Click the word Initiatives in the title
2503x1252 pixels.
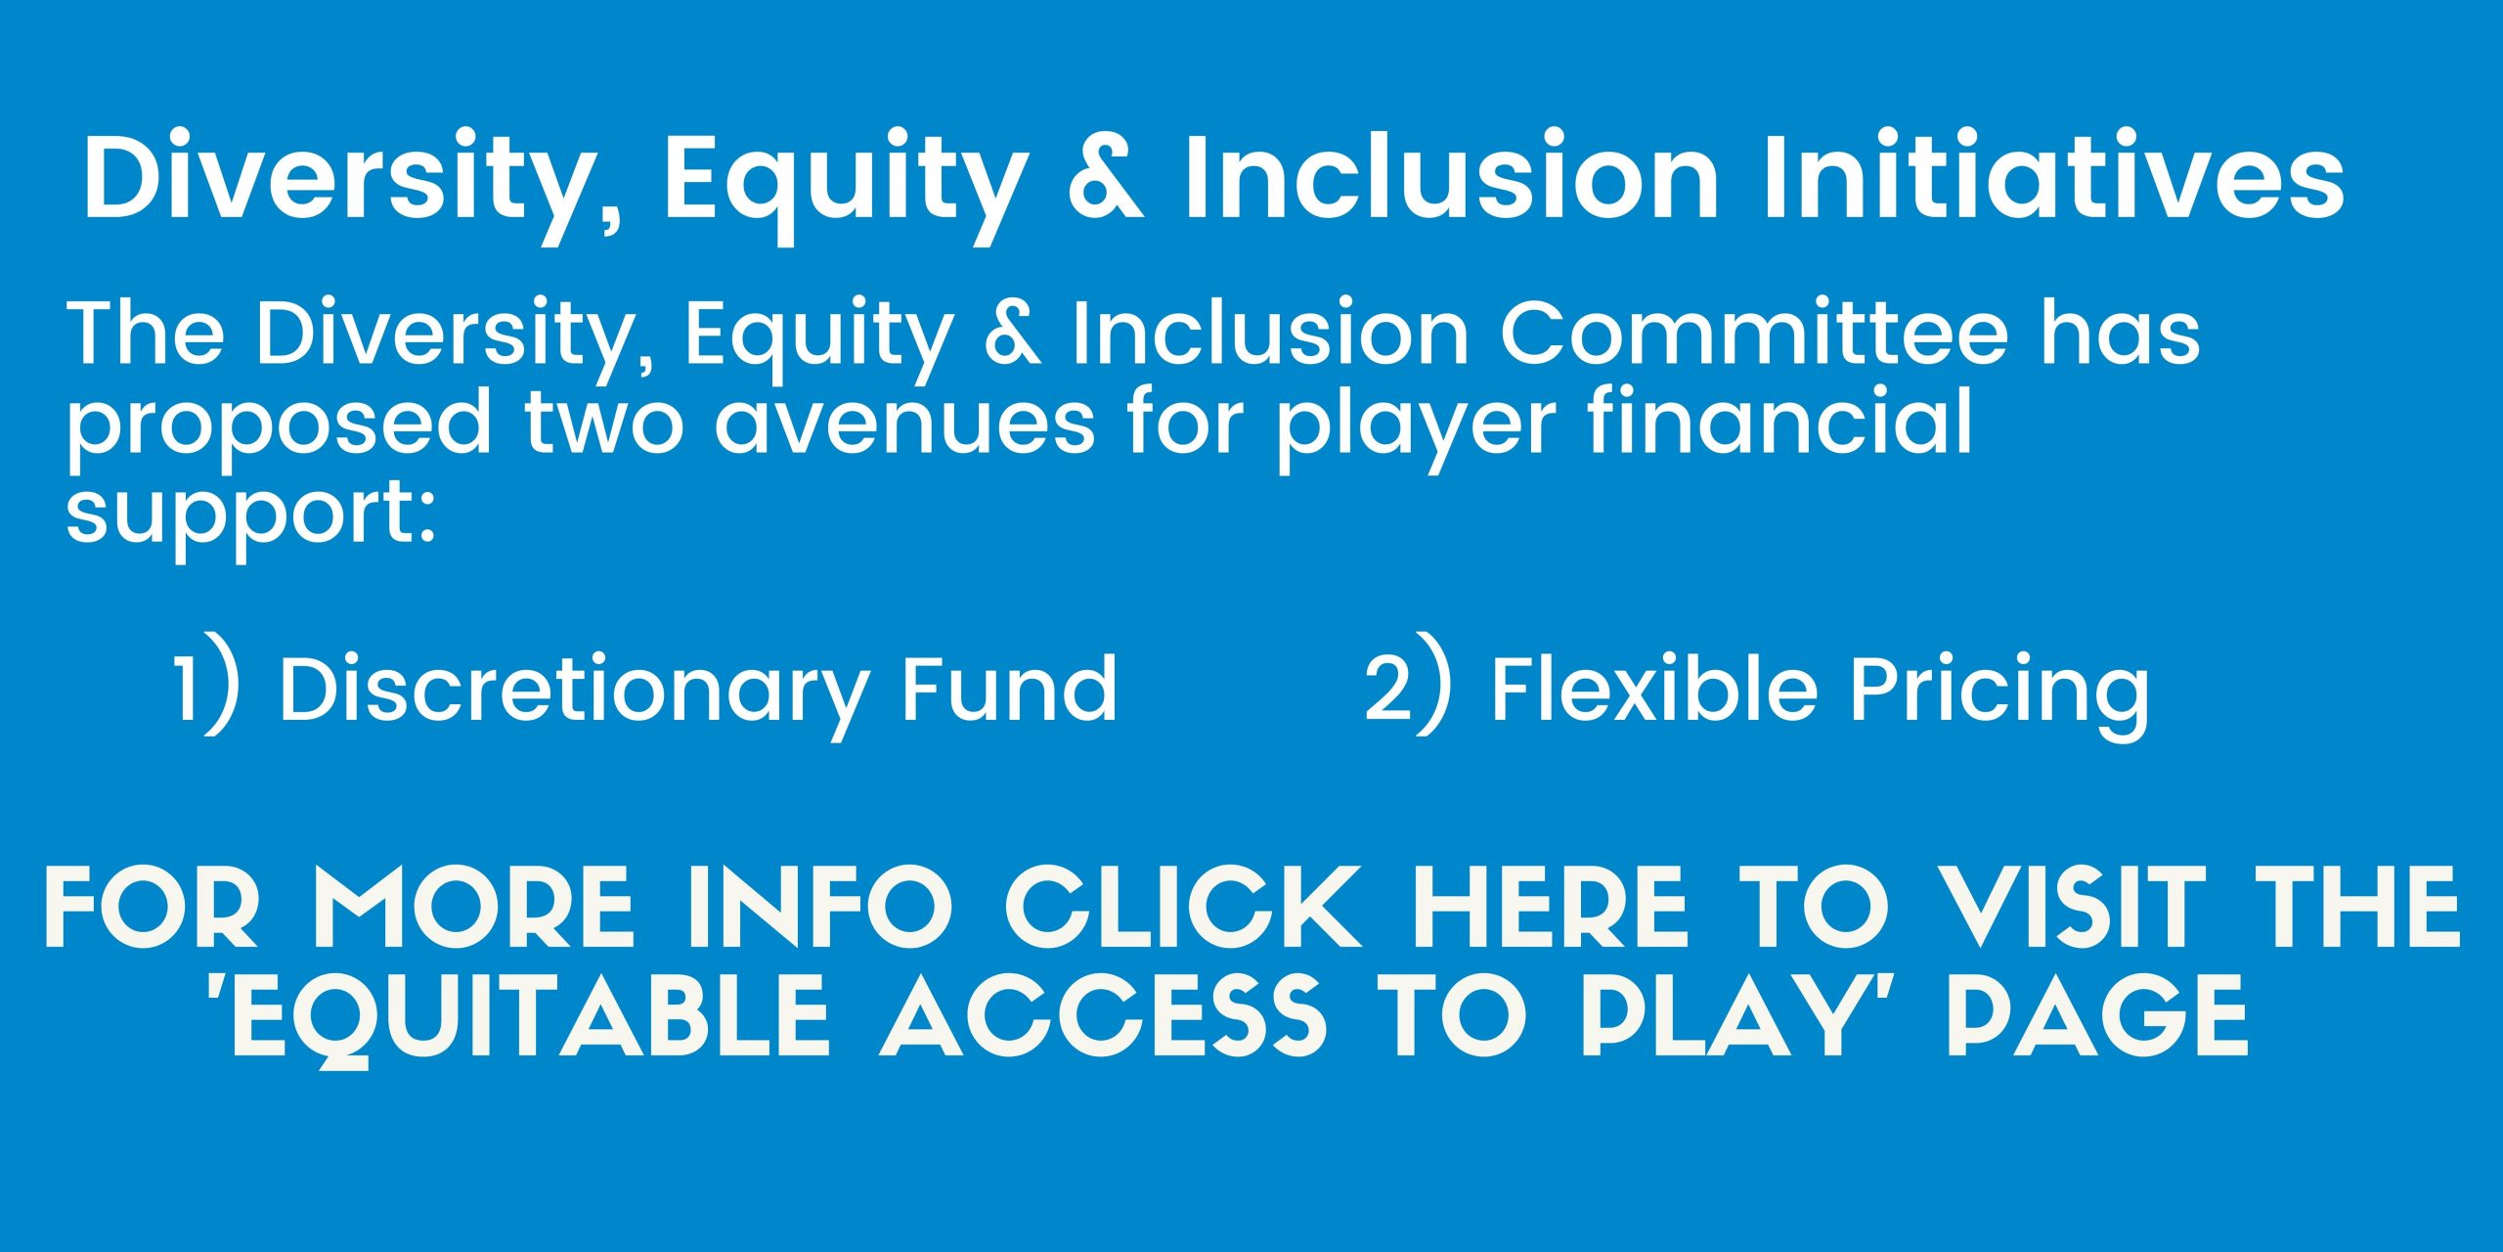[x=2052, y=176]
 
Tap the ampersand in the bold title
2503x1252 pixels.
[x=1106, y=178]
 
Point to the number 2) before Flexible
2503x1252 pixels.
[x=1408, y=683]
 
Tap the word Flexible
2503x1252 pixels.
[x=1653, y=688]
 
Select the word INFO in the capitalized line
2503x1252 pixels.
[x=819, y=907]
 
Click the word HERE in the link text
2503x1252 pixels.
[x=1549, y=907]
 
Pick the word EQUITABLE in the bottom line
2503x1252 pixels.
[x=517, y=1019]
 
